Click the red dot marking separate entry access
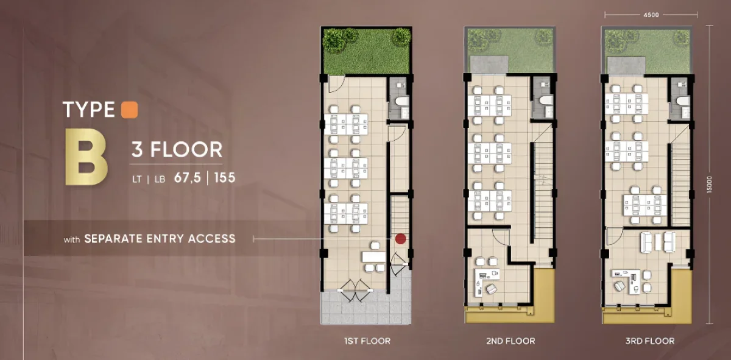point(400,239)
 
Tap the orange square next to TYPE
point(130,109)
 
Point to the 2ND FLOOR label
point(510,341)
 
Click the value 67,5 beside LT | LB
point(188,178)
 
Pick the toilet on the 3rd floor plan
point(682,101)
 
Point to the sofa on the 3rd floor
point(657,242)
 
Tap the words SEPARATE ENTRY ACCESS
point(160,238)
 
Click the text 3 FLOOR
point(177,149)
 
